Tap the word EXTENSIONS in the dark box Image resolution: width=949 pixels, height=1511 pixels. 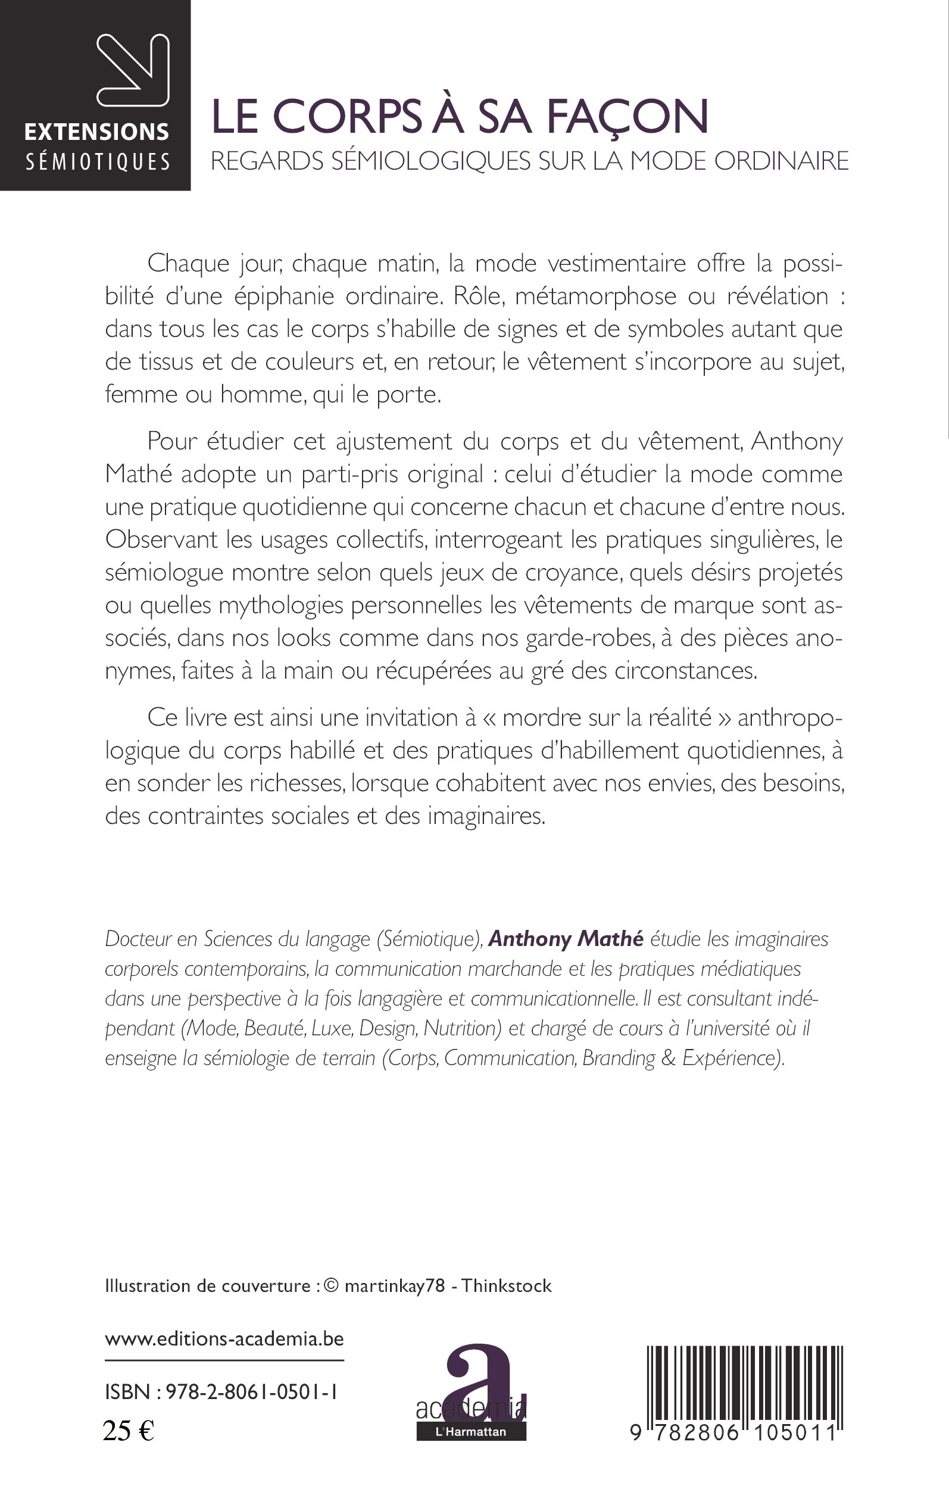(96, 132)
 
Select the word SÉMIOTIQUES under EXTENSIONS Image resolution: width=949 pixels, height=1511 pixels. (98, 163)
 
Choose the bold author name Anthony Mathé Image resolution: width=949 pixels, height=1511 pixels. (566, 939)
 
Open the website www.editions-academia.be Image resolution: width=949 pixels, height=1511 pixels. (224, 1340)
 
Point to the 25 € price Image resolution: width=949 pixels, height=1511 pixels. (129, 1431)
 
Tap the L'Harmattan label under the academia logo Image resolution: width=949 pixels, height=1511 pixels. (471, 1432)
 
